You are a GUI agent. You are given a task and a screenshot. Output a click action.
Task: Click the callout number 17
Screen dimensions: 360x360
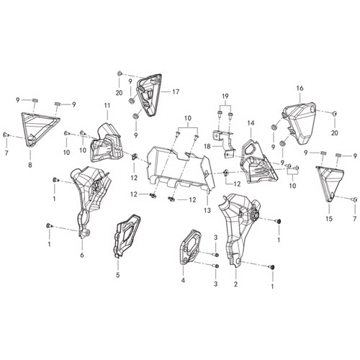(x=176, y=91)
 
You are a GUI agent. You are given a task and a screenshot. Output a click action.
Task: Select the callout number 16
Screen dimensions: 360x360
(x=300, y=88)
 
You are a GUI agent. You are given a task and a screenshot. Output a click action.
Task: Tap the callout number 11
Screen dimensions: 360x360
(x=107, y=105)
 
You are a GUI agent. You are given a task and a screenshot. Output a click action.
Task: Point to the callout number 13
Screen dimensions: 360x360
(x=207, y=210)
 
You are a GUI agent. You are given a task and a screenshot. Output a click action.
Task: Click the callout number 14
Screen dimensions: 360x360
(x=251, y=123)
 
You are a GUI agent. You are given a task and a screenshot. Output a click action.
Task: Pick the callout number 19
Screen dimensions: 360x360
(x=225, y=96)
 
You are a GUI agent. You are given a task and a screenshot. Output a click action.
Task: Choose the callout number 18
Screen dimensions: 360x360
(x=207, y=146)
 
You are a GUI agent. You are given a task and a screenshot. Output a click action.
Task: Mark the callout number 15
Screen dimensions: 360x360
(x=329, y=219)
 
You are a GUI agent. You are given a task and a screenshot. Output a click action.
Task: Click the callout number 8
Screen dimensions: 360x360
(x=30, y=165)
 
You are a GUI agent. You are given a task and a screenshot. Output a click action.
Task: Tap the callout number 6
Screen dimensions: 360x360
(x=82, y=255)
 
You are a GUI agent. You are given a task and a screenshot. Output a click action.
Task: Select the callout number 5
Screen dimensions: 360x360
(x=117, y=275)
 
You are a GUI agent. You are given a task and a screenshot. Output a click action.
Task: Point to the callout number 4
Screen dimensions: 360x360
(x=183, y=280)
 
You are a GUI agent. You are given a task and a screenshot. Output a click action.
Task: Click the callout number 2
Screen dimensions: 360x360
(x=235, y=284)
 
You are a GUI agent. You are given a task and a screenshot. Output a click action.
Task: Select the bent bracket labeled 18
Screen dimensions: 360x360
(x=225, y=143)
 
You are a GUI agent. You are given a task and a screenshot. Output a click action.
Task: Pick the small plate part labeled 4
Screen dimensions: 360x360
(x=190, y=247)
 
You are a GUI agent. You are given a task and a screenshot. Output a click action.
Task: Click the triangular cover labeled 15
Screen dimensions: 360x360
(x=330, y=184)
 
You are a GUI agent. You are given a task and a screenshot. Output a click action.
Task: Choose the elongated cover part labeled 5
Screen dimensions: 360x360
(x=127, y=236)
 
